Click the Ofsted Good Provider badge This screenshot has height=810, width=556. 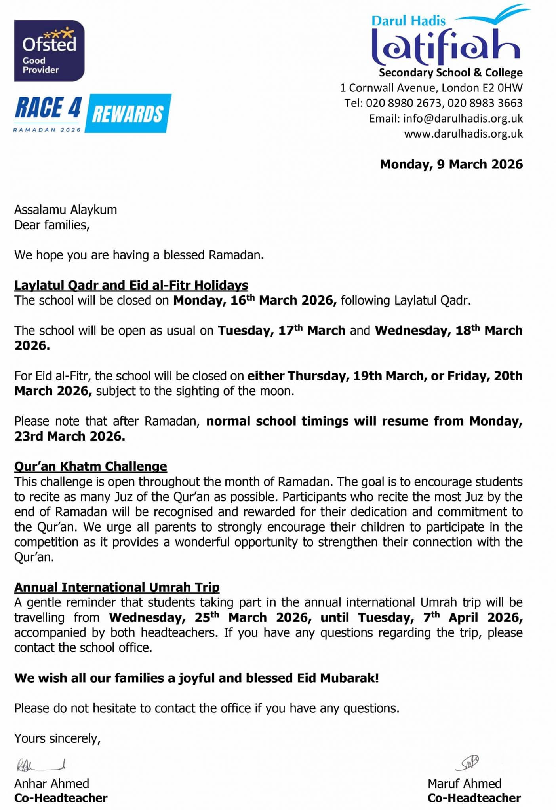click(x=50, y=51)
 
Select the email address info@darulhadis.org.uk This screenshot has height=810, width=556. click(x=463, y=119)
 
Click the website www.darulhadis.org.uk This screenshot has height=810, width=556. click(x=463, y=134)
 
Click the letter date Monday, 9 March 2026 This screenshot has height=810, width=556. click(x=451, y=164)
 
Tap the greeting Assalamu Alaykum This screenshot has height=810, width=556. click(x=66, y=210)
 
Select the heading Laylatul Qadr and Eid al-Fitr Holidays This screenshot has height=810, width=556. click(x=131, y=285)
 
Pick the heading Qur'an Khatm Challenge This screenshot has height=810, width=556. click(x=91, y=466)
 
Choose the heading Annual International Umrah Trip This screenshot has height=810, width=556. click(x=117, y=587)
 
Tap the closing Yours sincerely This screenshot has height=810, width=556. click(x=57, y=738)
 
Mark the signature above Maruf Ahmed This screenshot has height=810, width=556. click(x=467, y=763)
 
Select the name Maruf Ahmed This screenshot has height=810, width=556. click(x=464, y=784)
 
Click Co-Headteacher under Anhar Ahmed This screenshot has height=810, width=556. click(x=61, y=798)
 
